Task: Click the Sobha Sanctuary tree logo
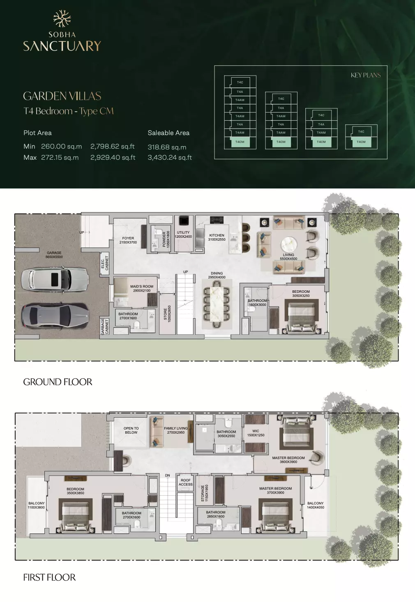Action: [62, 19]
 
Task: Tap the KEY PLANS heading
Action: [365, 75]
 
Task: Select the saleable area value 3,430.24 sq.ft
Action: [170, 157]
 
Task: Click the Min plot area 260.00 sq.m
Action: [61, 147]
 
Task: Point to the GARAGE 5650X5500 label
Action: [54, 255]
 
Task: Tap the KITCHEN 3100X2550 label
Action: [217, 237]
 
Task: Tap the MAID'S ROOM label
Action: [142, 288]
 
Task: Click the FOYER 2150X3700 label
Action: [128, 240]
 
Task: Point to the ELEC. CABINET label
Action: [105, 263]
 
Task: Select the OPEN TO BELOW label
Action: [131, 430]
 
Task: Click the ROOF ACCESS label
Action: [185, 482]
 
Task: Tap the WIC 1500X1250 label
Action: [256, 433]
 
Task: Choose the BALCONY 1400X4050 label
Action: [315, 505]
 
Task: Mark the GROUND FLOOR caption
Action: [58, 382]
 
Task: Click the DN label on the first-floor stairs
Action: [167, 475]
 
